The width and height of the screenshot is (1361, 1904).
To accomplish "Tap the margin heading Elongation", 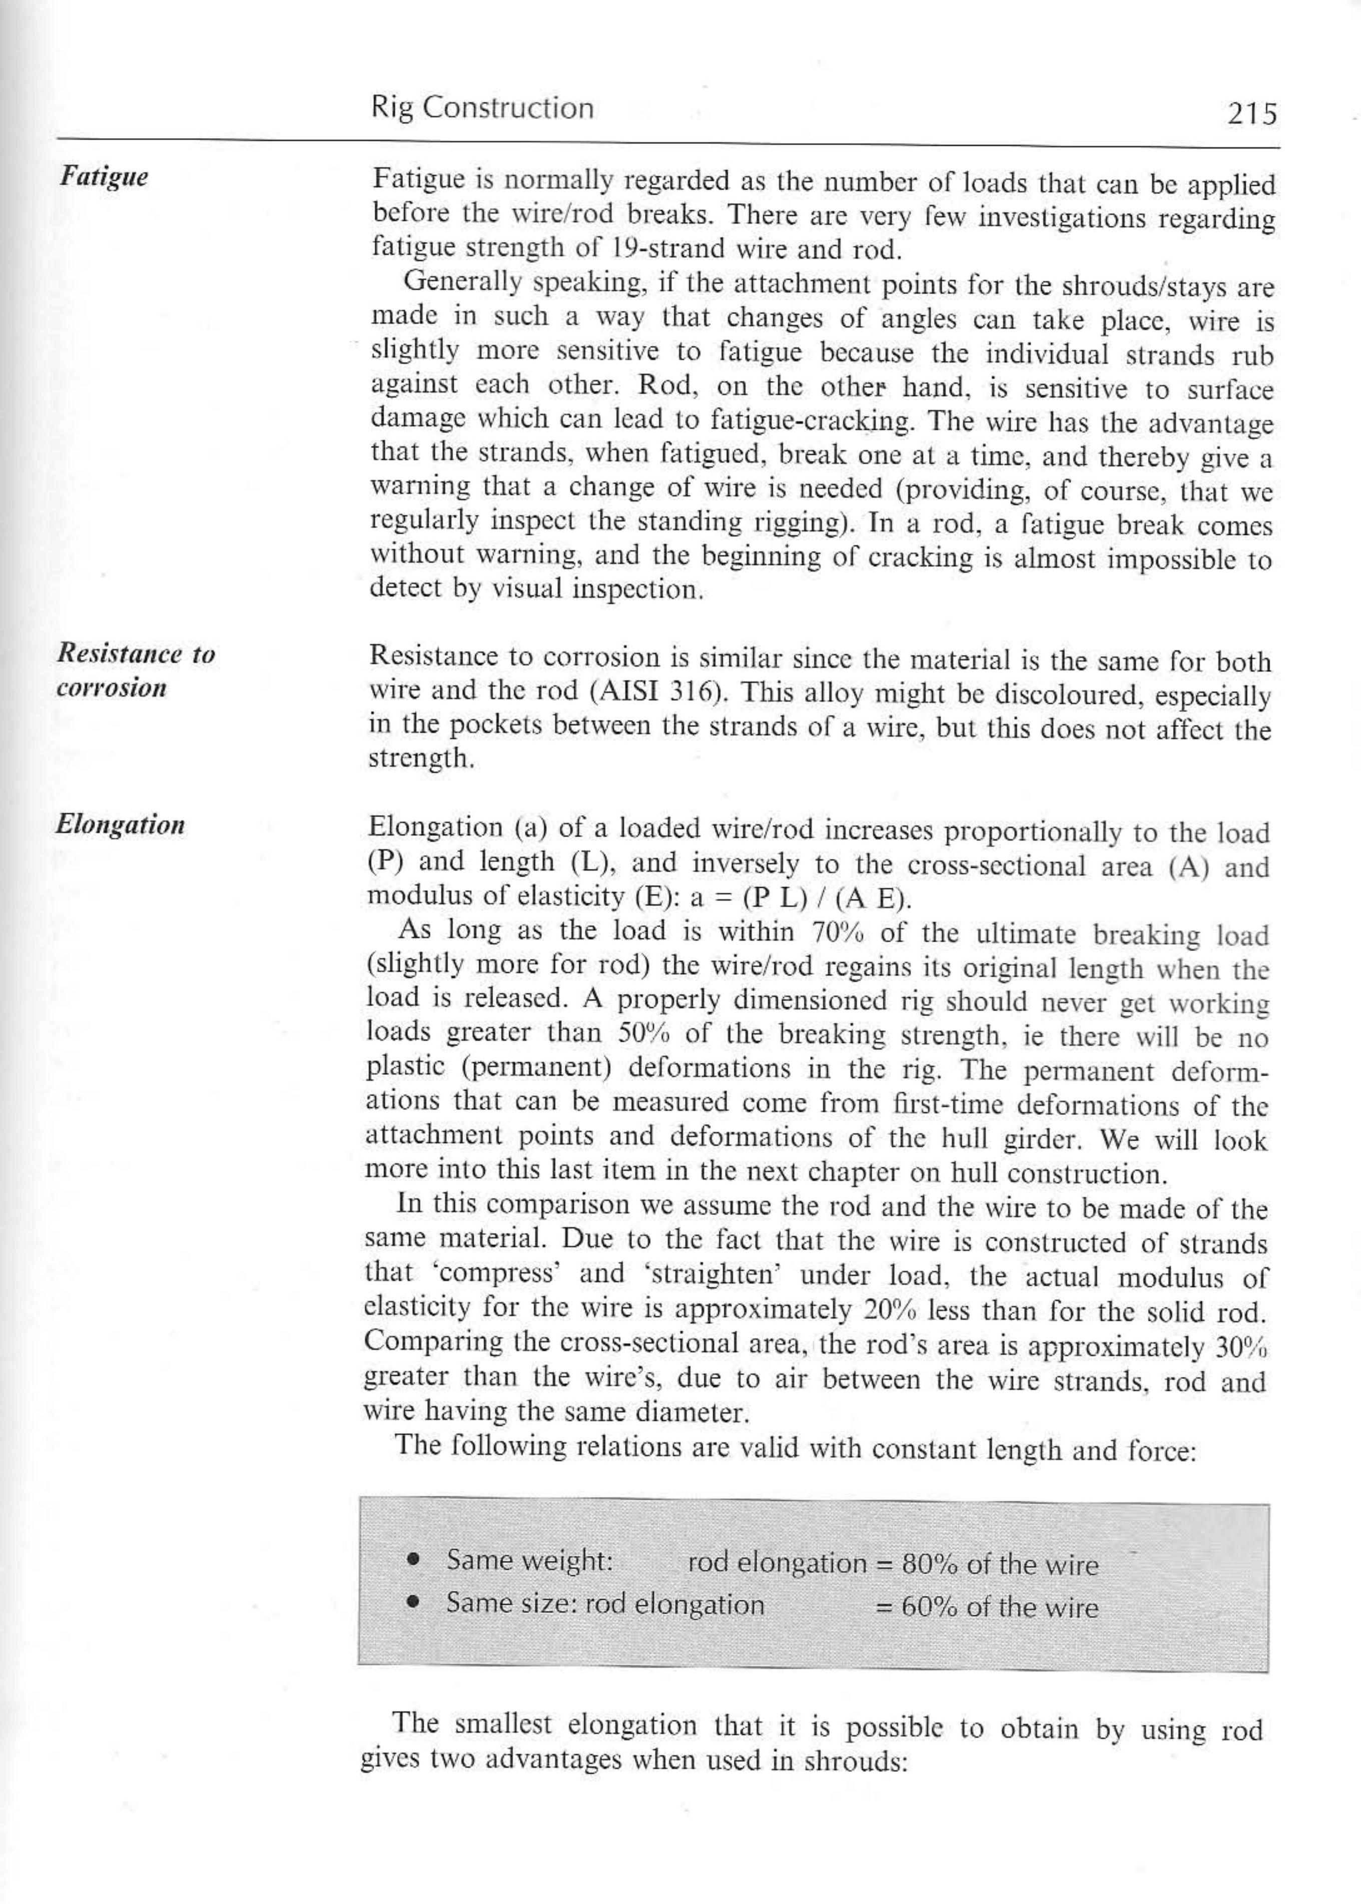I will point(120,825).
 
